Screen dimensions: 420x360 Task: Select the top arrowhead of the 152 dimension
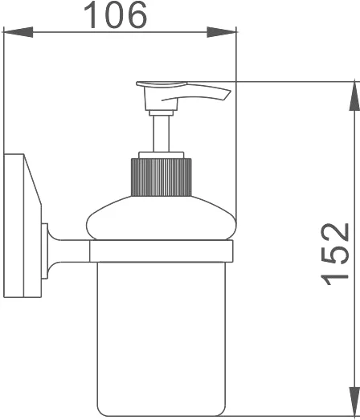[x=351, y=96]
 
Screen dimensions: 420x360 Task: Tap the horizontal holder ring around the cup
[x=161, y=251]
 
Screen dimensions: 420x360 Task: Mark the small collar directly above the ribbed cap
[x=162, y=155]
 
